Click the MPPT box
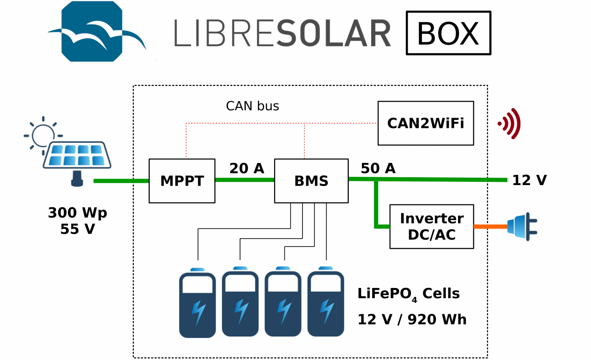[181, 181]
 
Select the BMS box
[311, 181]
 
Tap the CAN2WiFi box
[425, 123]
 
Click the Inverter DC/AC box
[431, 226]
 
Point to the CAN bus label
[252, 106]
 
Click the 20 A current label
[247, 169]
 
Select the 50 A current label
[378, 169]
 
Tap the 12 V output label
[529, 180]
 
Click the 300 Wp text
[78, 213]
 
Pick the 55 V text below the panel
[78, 229]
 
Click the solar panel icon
[77, 157]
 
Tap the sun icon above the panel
[42, 132]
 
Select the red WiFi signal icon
[510, 123]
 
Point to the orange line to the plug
[490, 227]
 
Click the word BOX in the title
[448, 33]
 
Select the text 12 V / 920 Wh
[412, 319]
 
